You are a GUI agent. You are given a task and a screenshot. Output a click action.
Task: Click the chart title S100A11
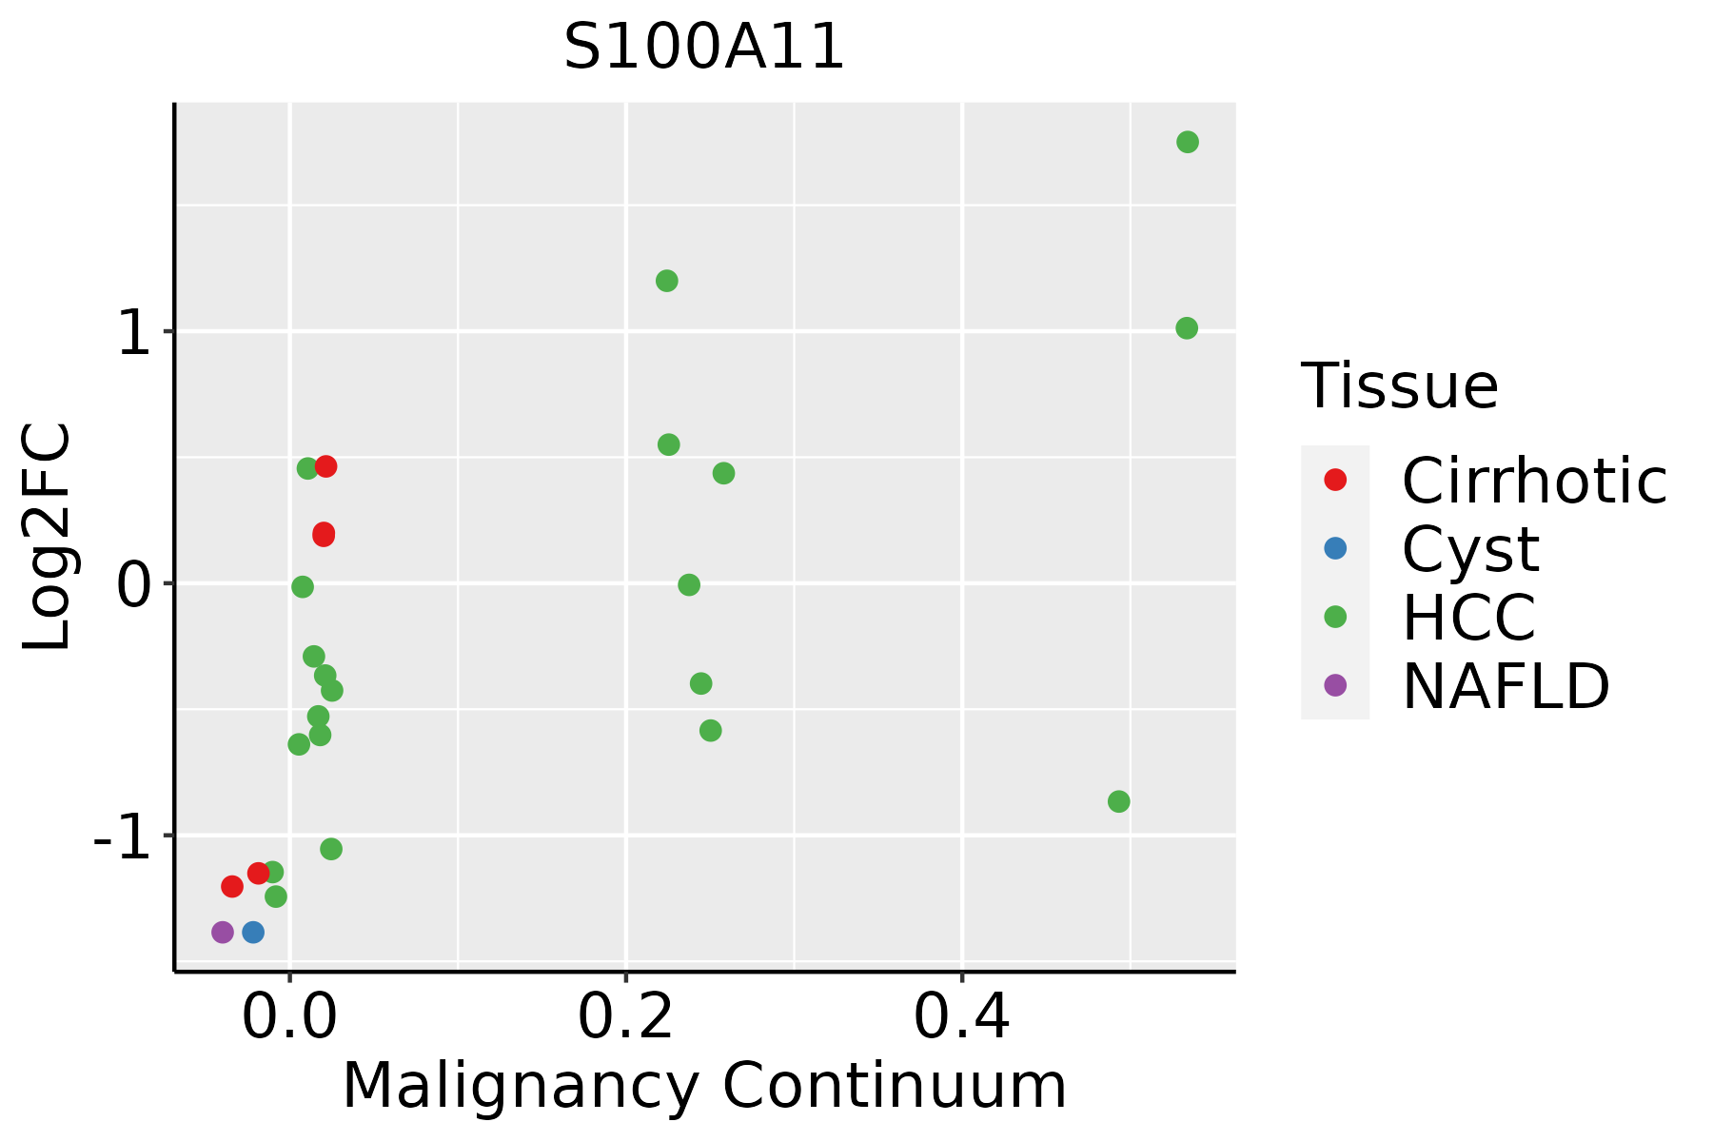click(x=704, y=48)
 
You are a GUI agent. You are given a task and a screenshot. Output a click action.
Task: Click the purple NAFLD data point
click(x=223, y=932)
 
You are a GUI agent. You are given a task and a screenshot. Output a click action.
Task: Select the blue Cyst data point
click(x=253, y=932)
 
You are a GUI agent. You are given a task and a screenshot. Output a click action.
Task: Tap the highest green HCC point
click(x=1188, y=142)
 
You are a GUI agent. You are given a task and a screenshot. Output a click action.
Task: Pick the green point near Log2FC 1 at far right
click(x=1187, y=328)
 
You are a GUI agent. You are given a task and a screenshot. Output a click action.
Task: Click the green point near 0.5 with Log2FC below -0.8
click(x=1119, y=801)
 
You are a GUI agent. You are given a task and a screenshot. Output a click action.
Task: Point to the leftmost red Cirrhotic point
click(x=232, y=886)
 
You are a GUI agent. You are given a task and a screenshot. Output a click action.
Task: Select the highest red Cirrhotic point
click(x=325, y=466)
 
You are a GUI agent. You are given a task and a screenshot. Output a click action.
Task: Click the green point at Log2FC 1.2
click(x=667, y=281)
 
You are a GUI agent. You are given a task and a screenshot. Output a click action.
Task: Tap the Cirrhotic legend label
click(x=1534, y=481)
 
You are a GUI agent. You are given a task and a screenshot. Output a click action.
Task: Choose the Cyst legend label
click(x=1470, y=549)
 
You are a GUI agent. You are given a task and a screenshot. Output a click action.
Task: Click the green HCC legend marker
click(x=1335, y=617)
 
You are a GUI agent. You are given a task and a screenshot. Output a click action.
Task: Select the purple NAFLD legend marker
click(x=1335, y=684)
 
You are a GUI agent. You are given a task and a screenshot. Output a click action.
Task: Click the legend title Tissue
click(x=1399, y=386)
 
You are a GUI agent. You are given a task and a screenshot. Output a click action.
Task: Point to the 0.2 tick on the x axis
click(x=626, y=972)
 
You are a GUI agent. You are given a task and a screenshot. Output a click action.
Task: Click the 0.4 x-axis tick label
click(x=962, y=1017)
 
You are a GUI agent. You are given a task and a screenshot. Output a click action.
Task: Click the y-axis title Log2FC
click(x=48, y=537)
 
